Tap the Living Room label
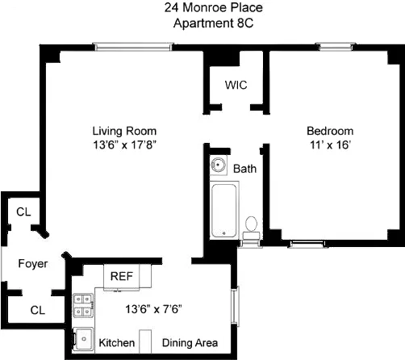123,131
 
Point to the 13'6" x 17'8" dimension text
123,145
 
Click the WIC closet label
236,84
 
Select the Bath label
244,170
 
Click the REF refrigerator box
122,276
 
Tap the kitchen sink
81,341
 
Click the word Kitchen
117,343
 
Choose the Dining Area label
190,343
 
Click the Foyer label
33,264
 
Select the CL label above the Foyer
24,212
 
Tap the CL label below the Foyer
38,308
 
